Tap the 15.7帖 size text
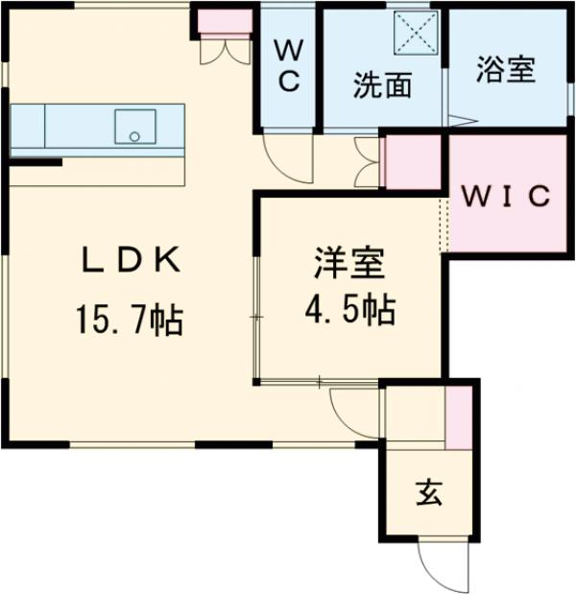tap(129, 320)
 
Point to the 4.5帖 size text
tap(349, 309)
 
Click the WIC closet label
tap(507, 196)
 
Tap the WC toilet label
tap(290, 65)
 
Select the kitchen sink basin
tap(135, 126)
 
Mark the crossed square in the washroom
tap(418, 34)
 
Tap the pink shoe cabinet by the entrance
tap(460, 414)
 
